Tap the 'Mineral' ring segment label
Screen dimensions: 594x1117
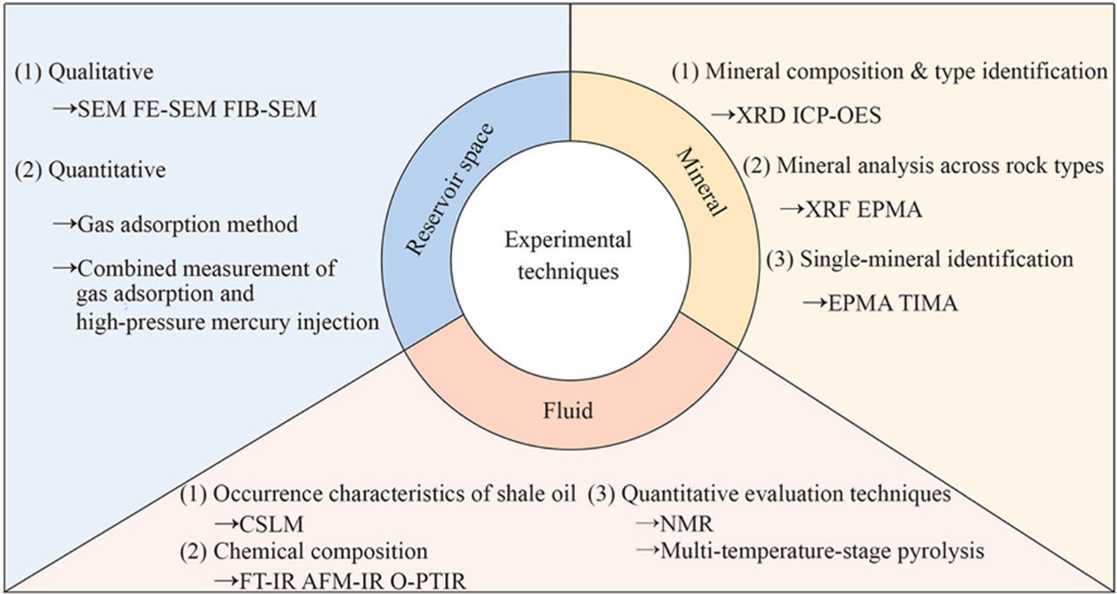pos(702,182)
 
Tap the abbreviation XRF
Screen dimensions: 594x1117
pos(829,209)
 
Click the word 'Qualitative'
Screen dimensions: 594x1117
pos(91,72)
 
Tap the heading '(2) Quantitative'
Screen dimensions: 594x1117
pos(90,169)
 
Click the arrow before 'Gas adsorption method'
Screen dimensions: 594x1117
pos(64,224)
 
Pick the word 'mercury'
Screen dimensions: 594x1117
pos(256,321)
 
